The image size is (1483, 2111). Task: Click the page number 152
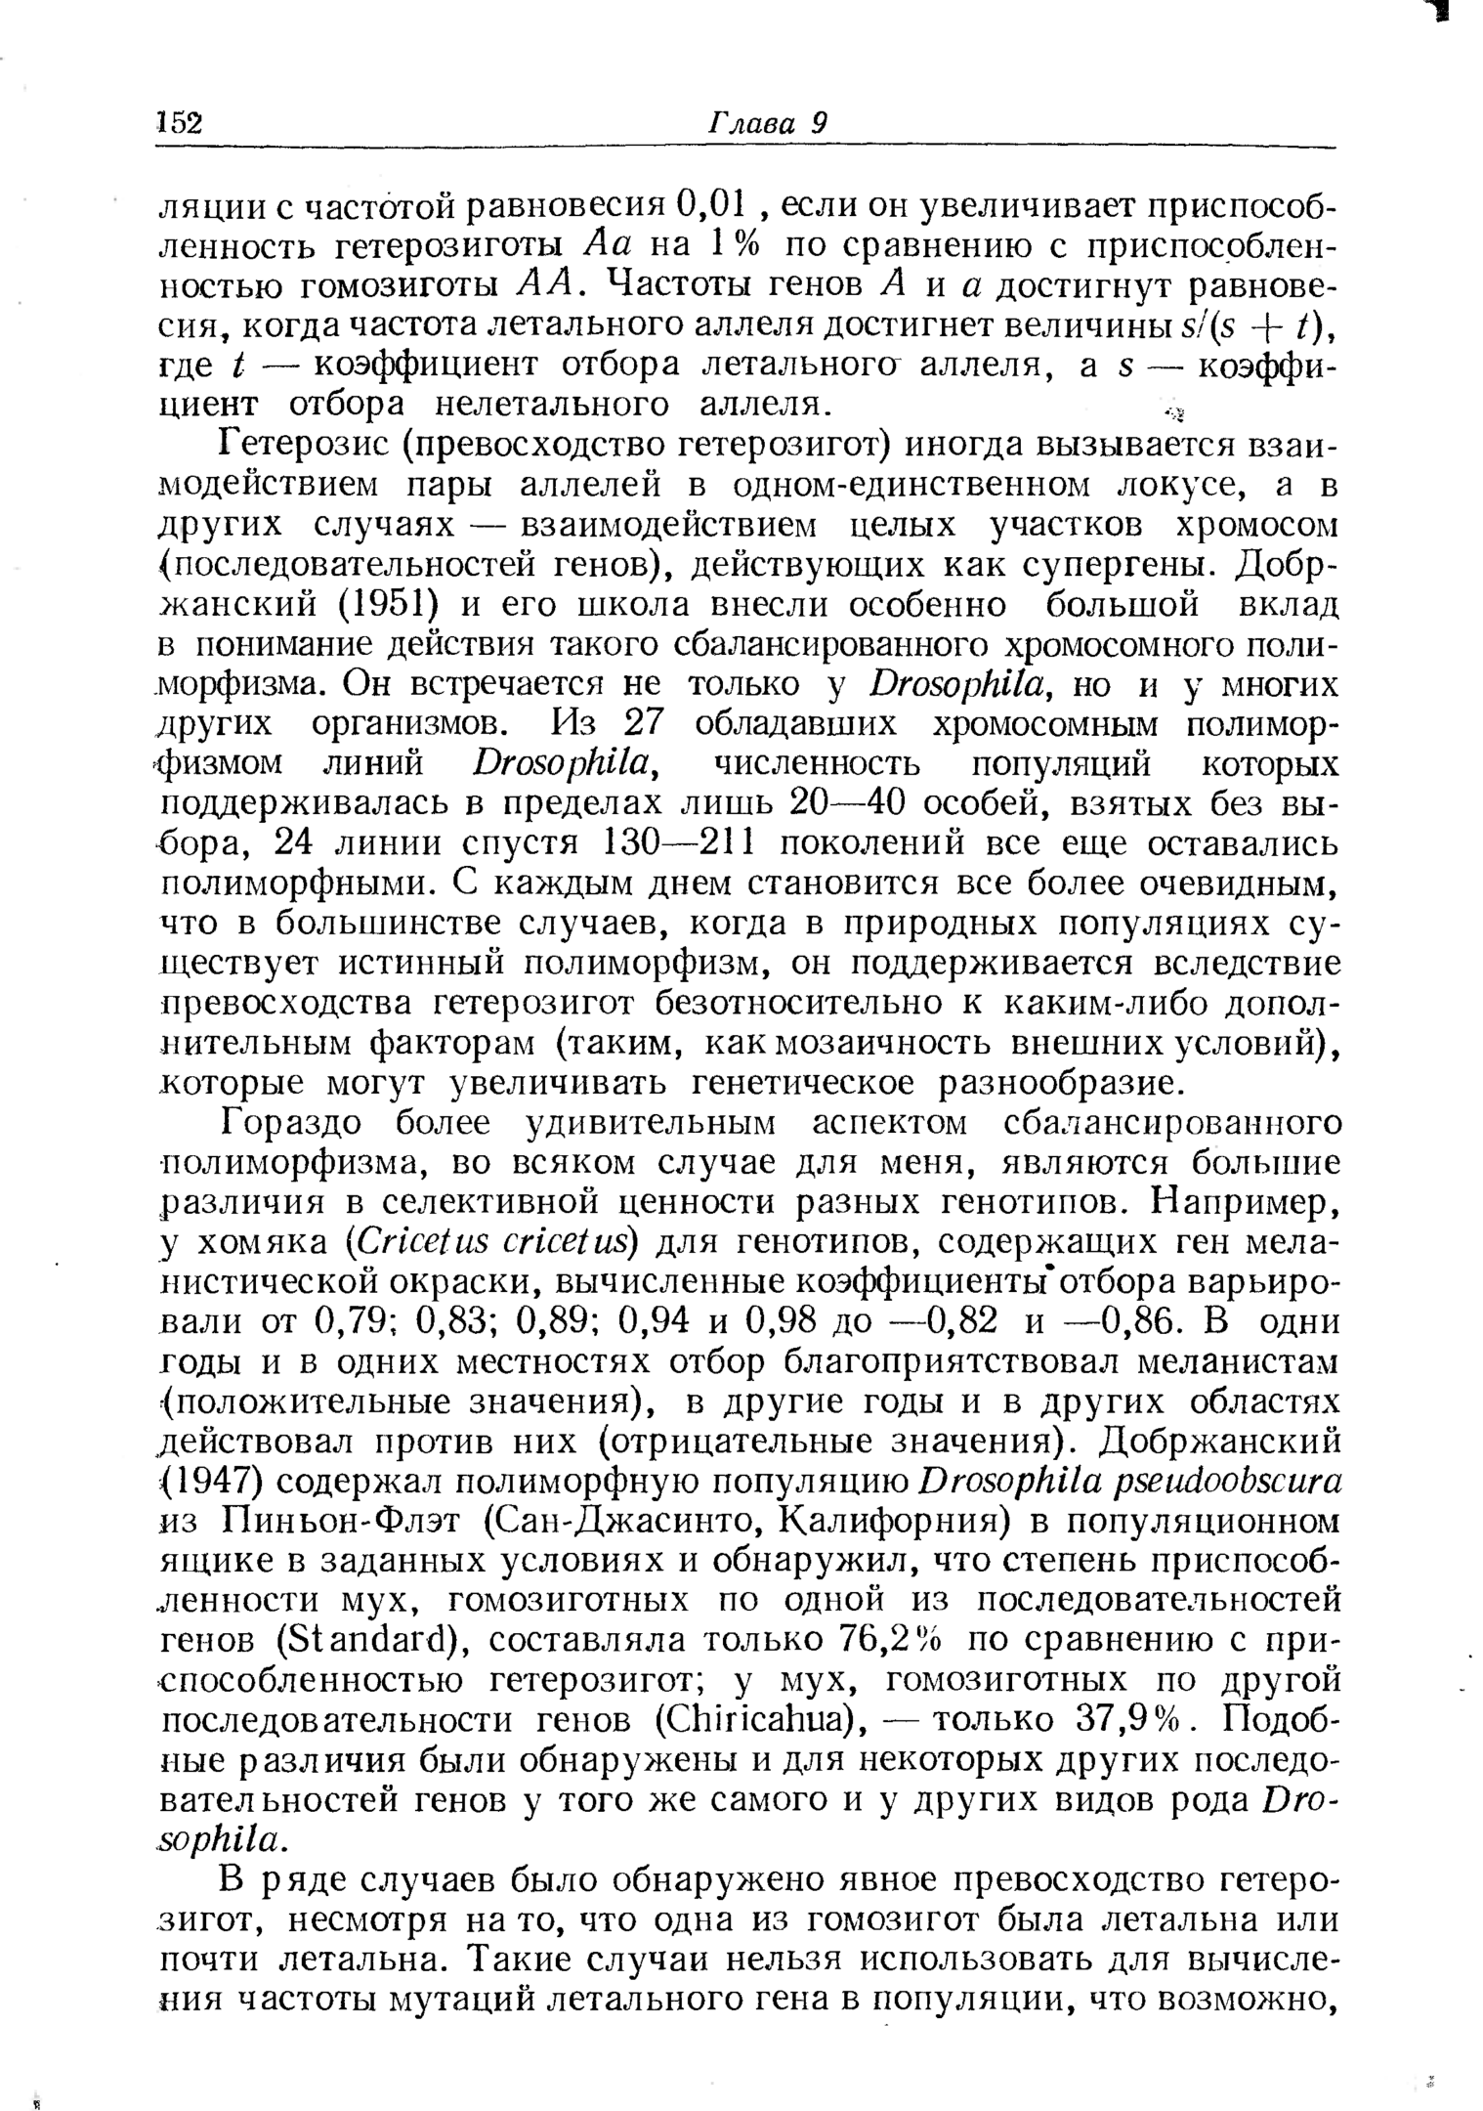pyautogui.click(x=179, y=123)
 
